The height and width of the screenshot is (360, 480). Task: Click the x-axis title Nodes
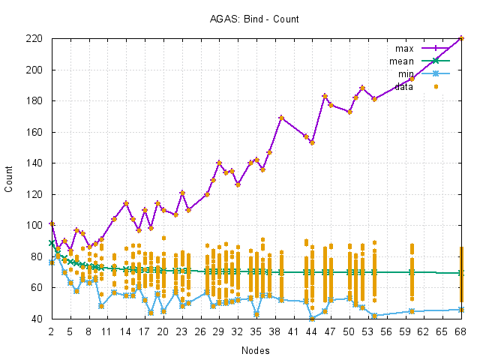(x=256, y=350)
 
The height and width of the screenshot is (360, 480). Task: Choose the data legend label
(x=403, y=87)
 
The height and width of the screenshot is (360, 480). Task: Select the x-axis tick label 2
(x=52, y=330)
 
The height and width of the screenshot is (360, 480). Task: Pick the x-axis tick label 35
(x=256, y=330)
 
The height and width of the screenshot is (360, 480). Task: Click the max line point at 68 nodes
(x=461, y=38)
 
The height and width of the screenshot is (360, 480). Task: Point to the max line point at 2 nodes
(x=52, y=223)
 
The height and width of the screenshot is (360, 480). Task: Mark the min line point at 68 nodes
(x=461, y=310)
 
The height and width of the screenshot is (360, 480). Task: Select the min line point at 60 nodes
(x=412, y=311)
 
